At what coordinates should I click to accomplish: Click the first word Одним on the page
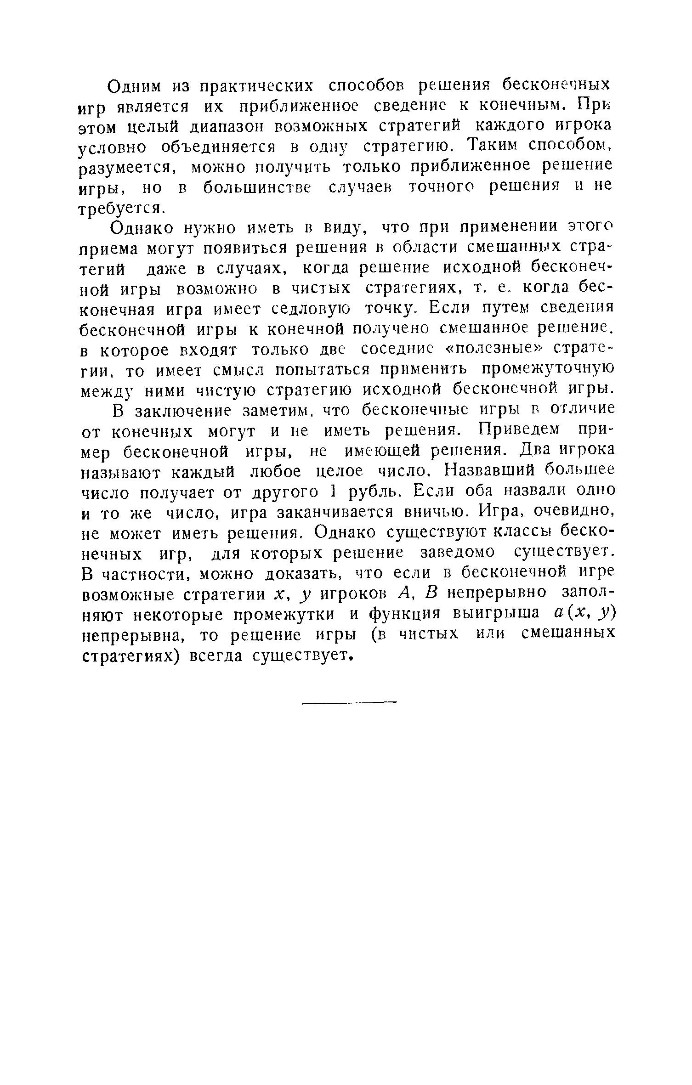pos(135,86)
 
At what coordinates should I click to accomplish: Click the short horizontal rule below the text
pos(349,701)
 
